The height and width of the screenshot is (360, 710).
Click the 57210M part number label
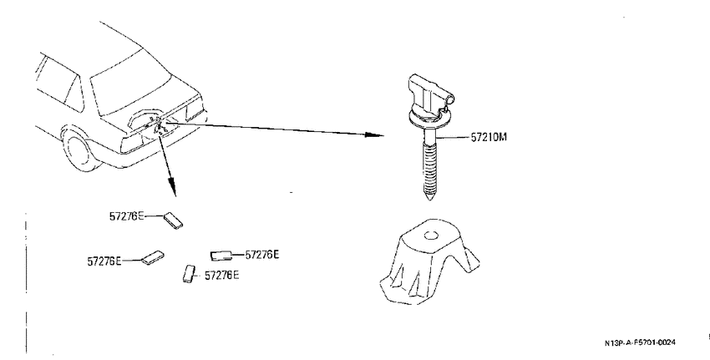pyautogui.click(x=489, y=137)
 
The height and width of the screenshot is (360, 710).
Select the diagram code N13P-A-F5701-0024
pyautogui.click(x=640, y=342)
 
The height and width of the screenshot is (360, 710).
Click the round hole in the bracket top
pyautogui.click(x=431, y=236)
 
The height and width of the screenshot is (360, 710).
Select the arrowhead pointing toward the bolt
pyautogui.click(x=375, y=134)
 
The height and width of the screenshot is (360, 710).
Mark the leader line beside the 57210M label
pyautogui.click(x=454, y=136)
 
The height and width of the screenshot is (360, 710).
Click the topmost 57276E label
pyautogui.click(x=126, y=216)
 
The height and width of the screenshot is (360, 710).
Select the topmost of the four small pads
pyautogui.click(x=173, y=220)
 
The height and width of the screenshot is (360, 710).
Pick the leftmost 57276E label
pyautogui.click(x=104, y=261)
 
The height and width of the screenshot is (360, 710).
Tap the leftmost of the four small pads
pyautogui.click(x=153, y=257)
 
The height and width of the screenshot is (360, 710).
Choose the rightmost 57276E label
pyautogui.click(x=262, y=255)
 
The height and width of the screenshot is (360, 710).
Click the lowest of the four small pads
pyautogui.click(x=189, y=273)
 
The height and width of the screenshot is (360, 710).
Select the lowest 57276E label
pyautogui.click(x=222, y=276)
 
